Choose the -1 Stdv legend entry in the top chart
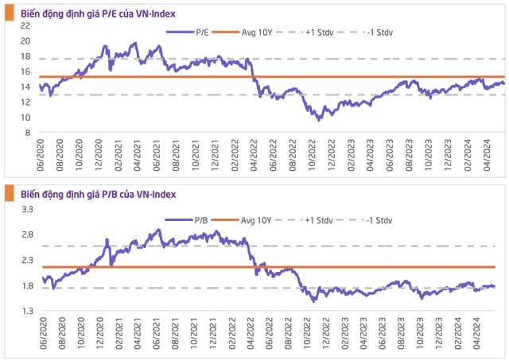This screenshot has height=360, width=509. [374, 33]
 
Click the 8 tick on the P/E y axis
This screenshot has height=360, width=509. [27, 132]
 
